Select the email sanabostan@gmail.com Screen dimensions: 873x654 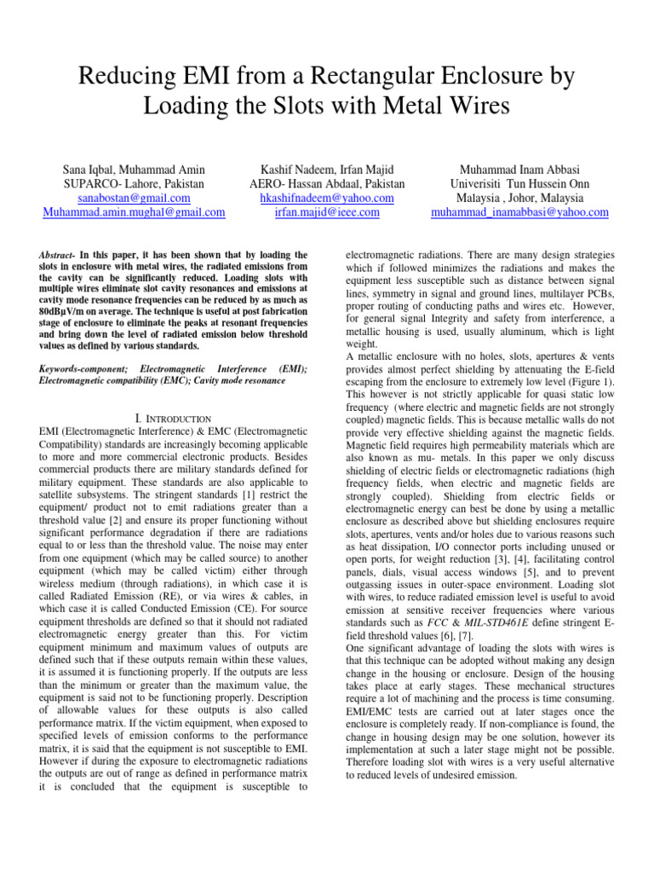tap(134, 198)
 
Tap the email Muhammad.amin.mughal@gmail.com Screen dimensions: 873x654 tap(134, 212)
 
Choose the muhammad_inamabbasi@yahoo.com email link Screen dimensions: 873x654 tap(519, 212)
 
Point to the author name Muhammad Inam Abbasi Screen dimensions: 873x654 tap(519, 169)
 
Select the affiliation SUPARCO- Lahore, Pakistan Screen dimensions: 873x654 tap(134, 183)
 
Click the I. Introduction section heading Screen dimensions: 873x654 tap(174, 419)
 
